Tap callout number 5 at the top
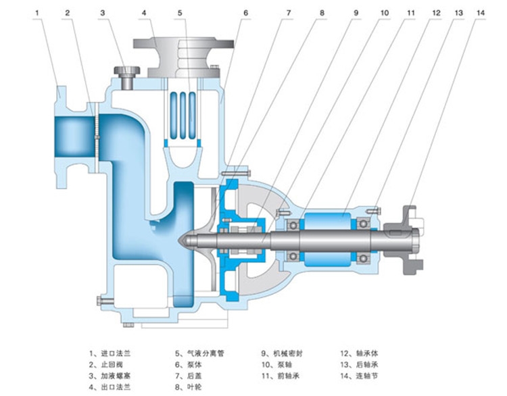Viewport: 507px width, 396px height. click(180, 12)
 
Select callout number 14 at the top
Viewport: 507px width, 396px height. click(481, 12)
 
